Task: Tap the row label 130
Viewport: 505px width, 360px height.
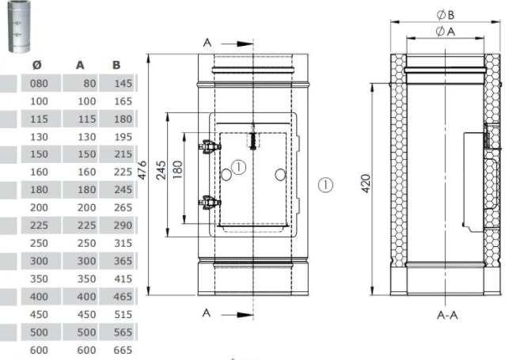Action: (38, 137)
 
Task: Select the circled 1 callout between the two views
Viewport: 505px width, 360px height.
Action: (326, 184)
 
